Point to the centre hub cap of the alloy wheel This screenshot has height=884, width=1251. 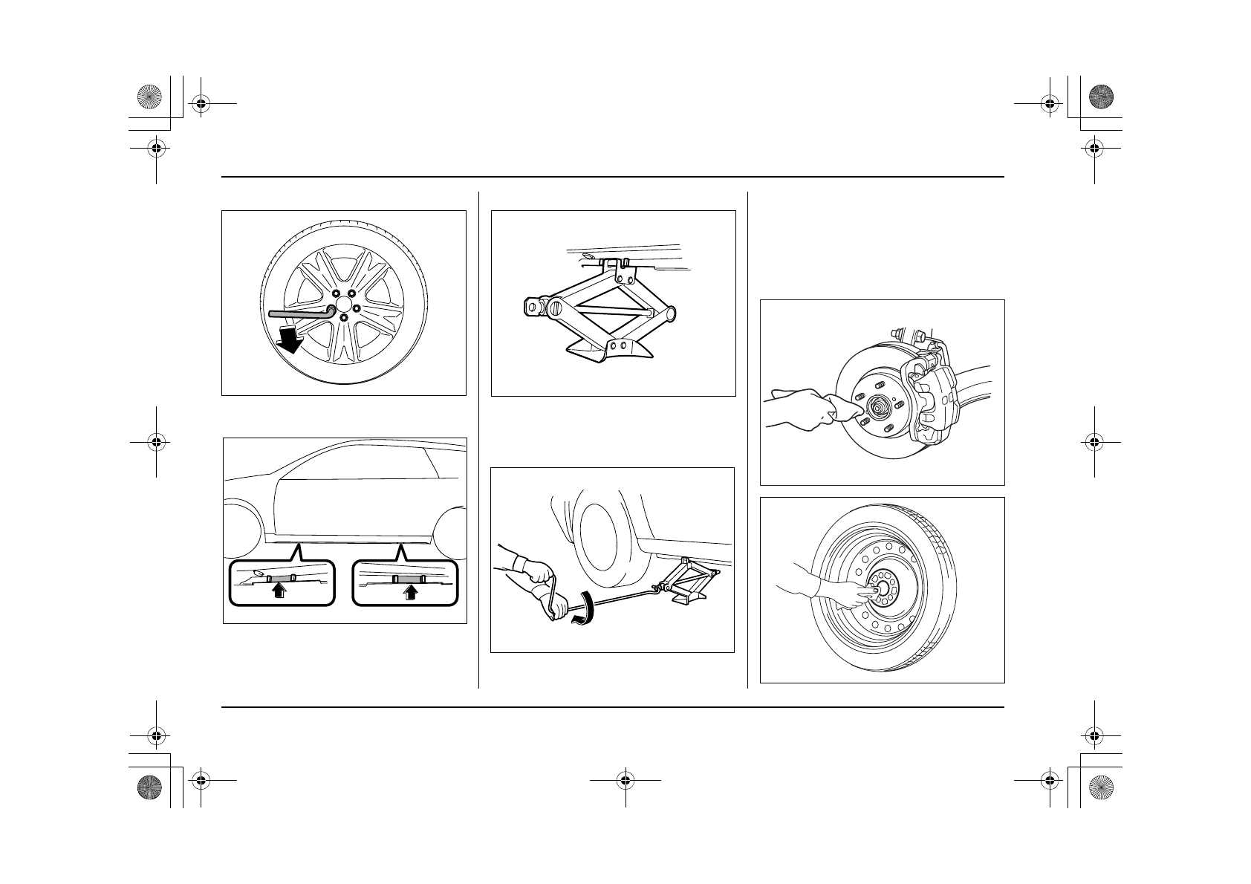[344, 305]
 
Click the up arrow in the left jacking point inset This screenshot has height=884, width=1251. [279, 591]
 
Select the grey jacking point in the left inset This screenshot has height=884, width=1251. [280, 577]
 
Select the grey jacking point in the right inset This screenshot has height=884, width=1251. [408, 578]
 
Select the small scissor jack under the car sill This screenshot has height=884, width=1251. [692, 579]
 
